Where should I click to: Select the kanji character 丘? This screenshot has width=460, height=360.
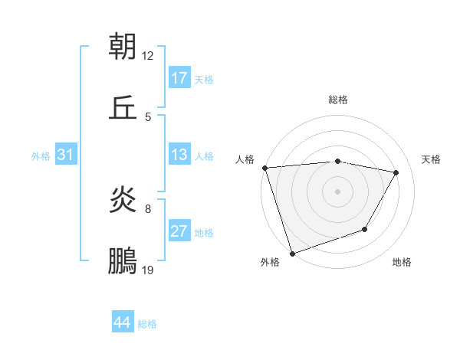point(123,106)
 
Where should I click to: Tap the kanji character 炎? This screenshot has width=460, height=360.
point(123,201)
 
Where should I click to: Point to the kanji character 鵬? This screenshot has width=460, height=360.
point(123,260)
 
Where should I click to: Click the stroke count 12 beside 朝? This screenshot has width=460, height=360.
point(148,56)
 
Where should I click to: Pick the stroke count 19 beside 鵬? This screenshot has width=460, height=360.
point(148,270)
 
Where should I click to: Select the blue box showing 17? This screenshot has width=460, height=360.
point(179,78)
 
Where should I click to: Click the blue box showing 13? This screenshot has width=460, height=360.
point(179,155)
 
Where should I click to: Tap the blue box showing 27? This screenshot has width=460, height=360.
point(179,231)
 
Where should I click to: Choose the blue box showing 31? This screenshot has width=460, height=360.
point(66,155)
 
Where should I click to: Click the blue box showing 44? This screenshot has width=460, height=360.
point(123,322)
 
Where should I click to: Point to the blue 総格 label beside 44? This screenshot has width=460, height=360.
point(147,324)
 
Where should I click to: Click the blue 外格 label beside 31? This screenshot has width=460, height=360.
point(41,156)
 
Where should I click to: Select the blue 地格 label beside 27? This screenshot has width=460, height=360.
point(204,233)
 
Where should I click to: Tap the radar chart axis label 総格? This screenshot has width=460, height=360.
point(338,100)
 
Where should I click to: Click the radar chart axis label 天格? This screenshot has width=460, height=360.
point(431,159)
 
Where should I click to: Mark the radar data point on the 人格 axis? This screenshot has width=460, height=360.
point(264,168)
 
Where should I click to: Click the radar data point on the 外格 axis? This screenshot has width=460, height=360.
point(292,253)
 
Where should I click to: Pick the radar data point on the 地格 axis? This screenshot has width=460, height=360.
point(365,229)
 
